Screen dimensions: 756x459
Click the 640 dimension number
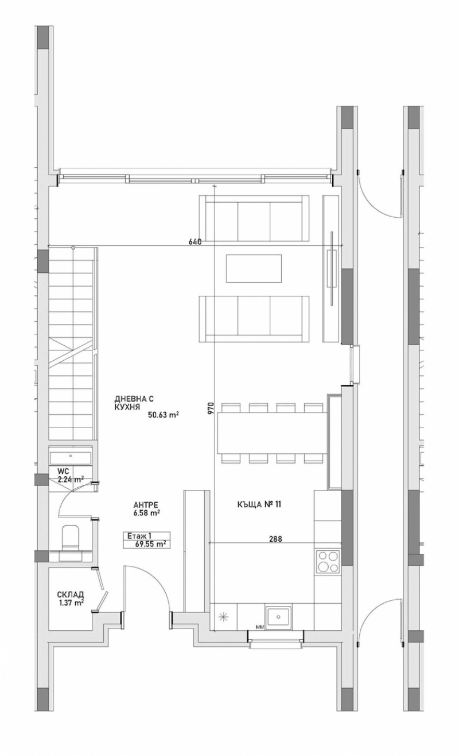[195, 242]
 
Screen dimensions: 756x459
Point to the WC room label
[63, 472]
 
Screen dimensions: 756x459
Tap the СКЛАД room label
[71, 595]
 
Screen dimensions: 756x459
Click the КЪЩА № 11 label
[259, 505]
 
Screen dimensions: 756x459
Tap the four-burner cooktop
[328, 561]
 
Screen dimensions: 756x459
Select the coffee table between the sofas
[254, 268]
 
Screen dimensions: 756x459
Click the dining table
[272, 433]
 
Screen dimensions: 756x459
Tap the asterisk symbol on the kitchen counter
[224, 618]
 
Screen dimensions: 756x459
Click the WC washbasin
[70, 457]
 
